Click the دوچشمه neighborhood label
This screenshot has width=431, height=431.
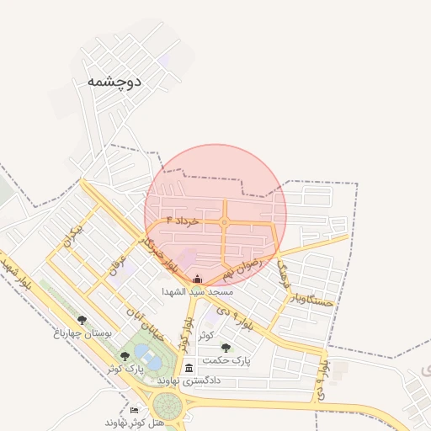(x=114, y=82)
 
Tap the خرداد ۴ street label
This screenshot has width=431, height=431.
(x=183, y=220)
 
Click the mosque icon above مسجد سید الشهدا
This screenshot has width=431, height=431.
(x=198, y=279)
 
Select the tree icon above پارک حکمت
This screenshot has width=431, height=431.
(x=225, y=347)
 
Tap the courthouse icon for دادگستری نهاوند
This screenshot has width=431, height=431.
(x=189, y=368)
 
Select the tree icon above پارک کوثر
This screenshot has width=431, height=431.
(x=125, y=356)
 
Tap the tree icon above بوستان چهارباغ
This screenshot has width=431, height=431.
(x=82, y=320)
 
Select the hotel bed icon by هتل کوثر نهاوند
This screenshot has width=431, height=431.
(x=134, y=410)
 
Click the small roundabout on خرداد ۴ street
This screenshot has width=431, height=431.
(x=225, y=222)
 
